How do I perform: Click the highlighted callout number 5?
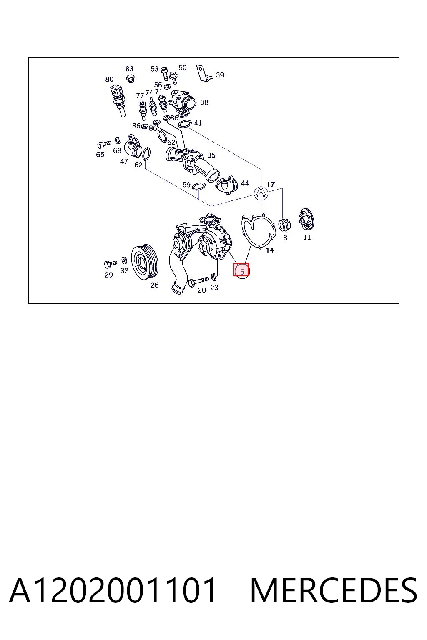point(242,272)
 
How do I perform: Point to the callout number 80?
point(109,79)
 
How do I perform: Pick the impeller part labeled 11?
point(306,219)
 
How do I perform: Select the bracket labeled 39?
point(203,73)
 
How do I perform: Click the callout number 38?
point(204,102)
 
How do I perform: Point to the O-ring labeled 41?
point(184,124)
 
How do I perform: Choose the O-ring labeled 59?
point(198,187)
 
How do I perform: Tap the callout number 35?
point(211,155)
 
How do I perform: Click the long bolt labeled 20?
point(198,281)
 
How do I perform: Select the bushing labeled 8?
point(284,225)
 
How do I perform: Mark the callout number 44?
point(245,183)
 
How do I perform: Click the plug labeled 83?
point(131,78)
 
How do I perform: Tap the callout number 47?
point(124,161)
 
